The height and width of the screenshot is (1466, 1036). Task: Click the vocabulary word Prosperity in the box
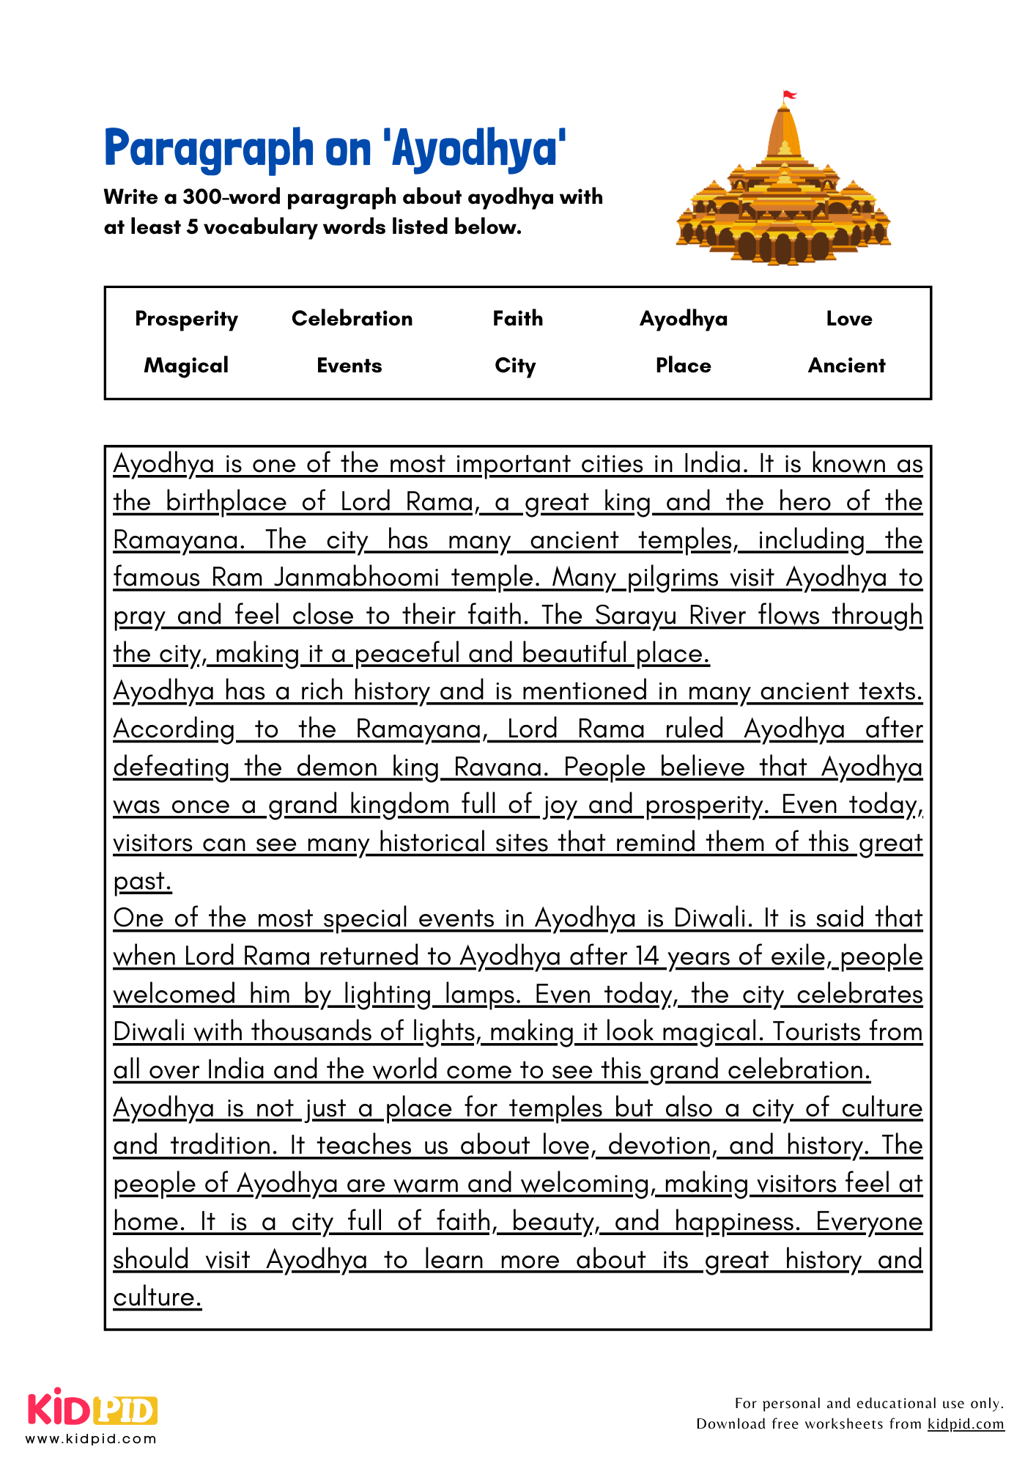point(186,319)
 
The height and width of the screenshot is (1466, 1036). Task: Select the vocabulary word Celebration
point(352,318)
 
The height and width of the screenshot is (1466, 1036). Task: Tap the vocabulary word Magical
point(186,365)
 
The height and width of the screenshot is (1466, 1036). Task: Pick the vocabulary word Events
point(349,365)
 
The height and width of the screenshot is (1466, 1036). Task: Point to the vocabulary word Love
point(849,318)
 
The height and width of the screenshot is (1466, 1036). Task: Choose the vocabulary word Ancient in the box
point(846,365)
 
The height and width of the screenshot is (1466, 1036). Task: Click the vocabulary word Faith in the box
point(518,318)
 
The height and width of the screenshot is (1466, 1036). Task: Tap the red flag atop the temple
point(789,95)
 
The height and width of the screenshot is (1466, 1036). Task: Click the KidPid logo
point(92,1410)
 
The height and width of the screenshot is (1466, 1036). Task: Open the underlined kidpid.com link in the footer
point(966,1423)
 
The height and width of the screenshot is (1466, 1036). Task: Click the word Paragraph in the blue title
point(209,148)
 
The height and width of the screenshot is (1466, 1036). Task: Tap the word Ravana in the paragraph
point(501,767)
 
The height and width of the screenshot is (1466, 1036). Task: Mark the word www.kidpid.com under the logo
point(91,1438)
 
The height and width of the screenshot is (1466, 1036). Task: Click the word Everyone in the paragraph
point(869,1222)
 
